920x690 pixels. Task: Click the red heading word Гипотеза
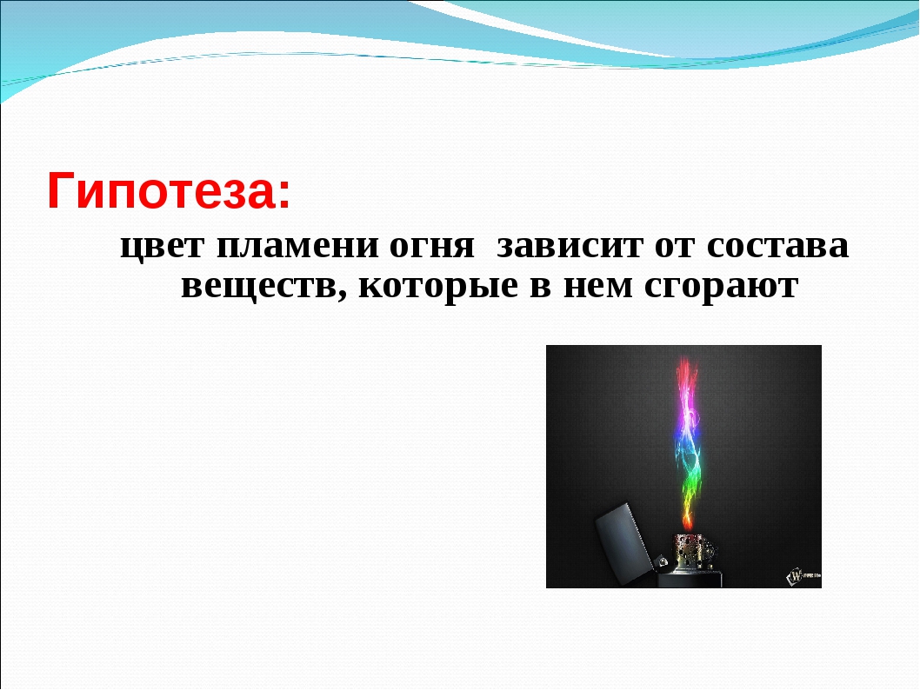(161, 190)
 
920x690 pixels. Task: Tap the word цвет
(163, 246)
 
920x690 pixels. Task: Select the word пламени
(297, 245)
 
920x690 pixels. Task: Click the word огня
(431, 246)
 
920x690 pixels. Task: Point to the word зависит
(570, 245)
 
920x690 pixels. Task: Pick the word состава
(777, 245)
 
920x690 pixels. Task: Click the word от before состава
(674, 246)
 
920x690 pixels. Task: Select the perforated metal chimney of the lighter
(696, 551)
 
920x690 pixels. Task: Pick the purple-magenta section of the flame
(686, 410)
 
